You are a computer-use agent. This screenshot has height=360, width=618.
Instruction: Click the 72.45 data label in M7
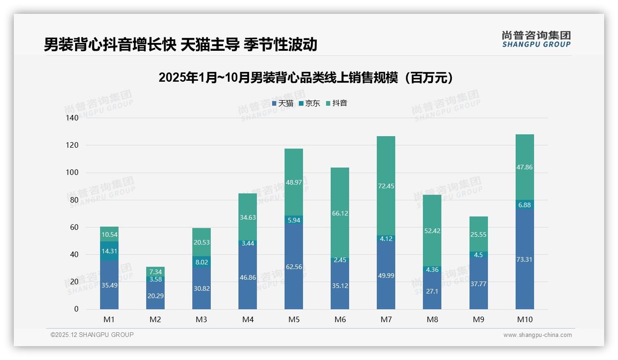click(x=386, y=186)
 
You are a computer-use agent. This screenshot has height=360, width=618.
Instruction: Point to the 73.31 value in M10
click(x=524, y=259)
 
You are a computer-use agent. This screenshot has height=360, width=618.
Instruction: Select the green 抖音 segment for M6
click(x=339, y=212)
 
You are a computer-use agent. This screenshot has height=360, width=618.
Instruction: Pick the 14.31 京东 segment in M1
click(x=109, y=251)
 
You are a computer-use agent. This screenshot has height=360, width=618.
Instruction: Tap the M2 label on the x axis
click(x=155, y=319)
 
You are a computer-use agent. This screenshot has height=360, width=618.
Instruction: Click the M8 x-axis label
click(x=432, y=319)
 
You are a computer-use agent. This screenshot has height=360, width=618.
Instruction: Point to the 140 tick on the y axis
click(x=72, y=118)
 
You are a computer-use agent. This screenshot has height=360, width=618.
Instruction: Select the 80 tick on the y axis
click(x=74, y=200)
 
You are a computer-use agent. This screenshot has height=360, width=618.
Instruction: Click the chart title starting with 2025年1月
click(x=308, y=78)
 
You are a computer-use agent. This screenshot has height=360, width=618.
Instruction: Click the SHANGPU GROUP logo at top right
click(x=536, y=39)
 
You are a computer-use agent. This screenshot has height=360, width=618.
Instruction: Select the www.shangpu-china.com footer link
click(x=537, y=335)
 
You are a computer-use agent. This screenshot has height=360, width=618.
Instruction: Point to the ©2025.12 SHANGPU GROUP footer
click(x=92, y=335)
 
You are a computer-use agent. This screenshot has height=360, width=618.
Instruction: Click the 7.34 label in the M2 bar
click(x=155, y=272)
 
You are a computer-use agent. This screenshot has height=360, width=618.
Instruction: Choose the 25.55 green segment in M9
click(x=478, y=234)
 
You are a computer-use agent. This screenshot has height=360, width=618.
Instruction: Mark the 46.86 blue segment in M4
click(x=247, y=277)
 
